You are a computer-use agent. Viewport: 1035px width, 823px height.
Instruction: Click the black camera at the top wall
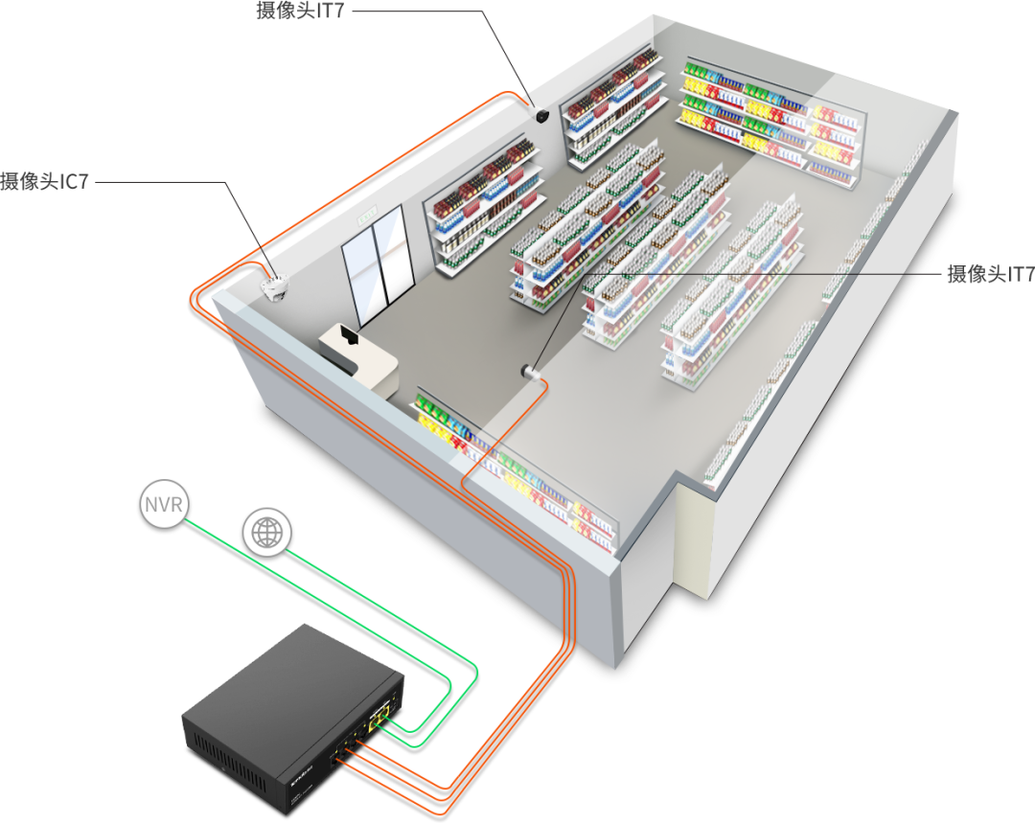(x=541, y=115)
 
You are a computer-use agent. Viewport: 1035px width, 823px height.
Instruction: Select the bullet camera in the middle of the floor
(x=528, y=371)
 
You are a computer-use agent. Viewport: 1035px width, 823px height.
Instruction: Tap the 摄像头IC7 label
(x=44, y=181)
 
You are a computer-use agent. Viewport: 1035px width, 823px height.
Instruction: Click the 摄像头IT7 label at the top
(x=300, y=11)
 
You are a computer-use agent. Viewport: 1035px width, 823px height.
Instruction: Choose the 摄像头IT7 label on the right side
(x=990, y=275)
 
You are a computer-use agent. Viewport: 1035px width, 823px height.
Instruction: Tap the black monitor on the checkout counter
(x=347, y=335)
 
